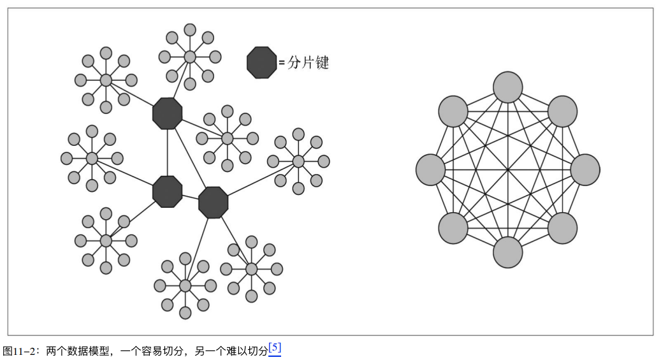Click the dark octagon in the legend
pyautogui.click(x=262, y=62)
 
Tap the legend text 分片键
pyautogui.click(x=308, y=62)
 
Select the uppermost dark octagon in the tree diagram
pyautogui.click(x=168, y=113)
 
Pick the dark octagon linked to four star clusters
pyautogui.click(x=214, y=203)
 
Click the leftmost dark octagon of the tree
pyautogui.click(x=168, y=191)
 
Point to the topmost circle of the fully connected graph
pyautogui.click(x=508, y=87)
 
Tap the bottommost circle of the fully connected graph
pyautogui.click(x=508, y=252)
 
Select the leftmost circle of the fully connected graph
pyautogui.click(x=430, y=170)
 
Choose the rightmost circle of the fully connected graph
pyautogui.click(x=585, y=170)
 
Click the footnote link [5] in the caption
pyautogui.click(x=275, y=349)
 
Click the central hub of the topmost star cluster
pyautogui.click(x=189, y=57)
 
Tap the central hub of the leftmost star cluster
pyautogui.click(x=92, y=158)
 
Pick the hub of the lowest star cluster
pyautogui.click(x=185, y=285)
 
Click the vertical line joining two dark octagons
pyautogui.click(x=168, y=153)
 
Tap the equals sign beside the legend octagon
pyautogui.click(x=281, y=63)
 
